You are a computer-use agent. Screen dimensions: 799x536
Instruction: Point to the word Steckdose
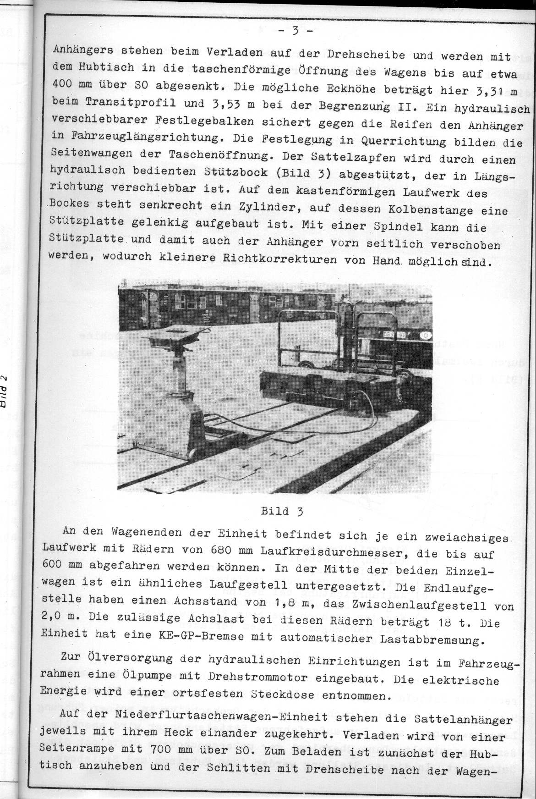pyautogui.click(x=284, y=694)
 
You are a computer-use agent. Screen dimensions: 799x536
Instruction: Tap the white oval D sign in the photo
pyautogui.click(x=425, y=336)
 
